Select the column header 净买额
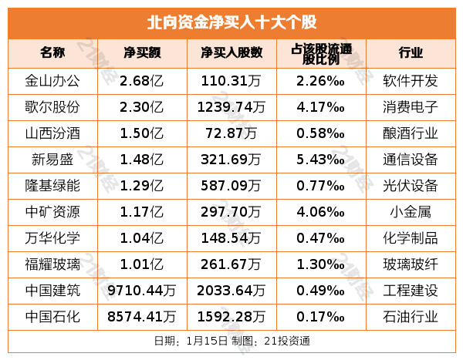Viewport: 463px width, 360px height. (x=142, y=53)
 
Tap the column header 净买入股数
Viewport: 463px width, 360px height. (x=231, y=53)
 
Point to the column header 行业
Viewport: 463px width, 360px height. (x=411, y=53)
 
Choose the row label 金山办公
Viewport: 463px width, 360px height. (x=52, y=80)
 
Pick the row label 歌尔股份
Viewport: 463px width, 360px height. (x=52, y=106)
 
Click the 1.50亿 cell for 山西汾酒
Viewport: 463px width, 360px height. (x=142, y=133)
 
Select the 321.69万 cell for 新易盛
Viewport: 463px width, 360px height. (x=231, y=159)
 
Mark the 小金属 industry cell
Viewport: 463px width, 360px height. (x=411, y=211)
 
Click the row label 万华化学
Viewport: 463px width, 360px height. (x=52, y=237)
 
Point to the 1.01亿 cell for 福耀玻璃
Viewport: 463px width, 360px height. (x=142, y=264)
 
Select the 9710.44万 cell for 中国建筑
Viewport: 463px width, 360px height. (x=142, y=290)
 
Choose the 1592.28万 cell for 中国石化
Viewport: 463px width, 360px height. (x=231, y=316)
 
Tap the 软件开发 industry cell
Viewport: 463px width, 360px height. (x=411, y=80)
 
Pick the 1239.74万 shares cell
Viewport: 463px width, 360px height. (x=231, y=106)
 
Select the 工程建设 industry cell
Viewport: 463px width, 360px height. (x=411, y=290)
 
